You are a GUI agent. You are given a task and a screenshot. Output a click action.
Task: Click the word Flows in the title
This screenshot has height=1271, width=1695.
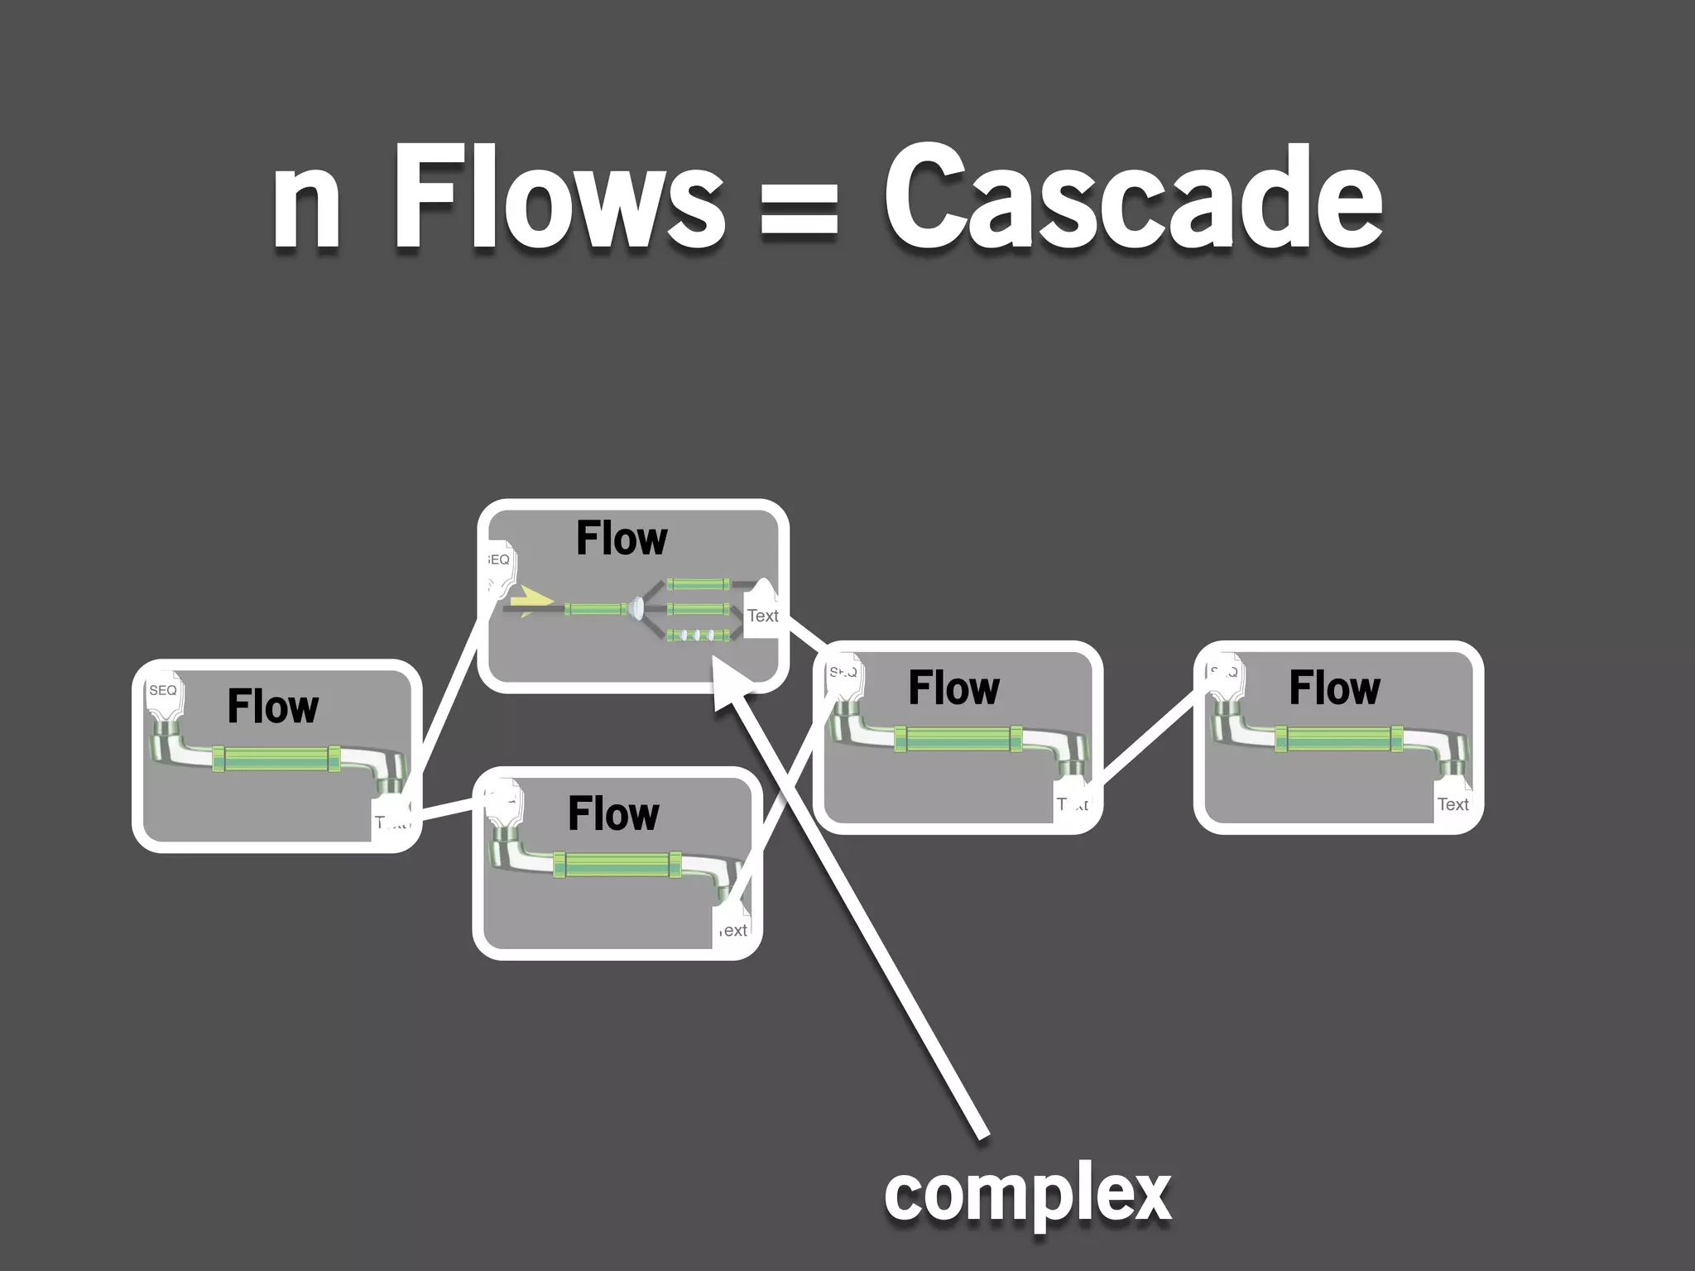click(559, 199)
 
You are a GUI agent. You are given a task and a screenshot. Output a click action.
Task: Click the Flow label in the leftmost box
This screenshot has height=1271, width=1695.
click(273, 706)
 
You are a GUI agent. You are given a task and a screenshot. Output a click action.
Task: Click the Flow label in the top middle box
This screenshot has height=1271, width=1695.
click(622, 539)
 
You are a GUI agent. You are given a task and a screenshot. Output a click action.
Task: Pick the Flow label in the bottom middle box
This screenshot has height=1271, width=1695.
click(613, 813)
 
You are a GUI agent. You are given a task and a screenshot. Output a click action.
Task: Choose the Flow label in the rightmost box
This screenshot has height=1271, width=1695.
click(1334, 688)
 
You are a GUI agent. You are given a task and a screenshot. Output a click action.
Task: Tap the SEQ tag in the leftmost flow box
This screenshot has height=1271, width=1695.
click(163, 691)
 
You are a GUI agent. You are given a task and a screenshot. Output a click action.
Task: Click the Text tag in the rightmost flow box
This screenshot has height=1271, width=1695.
click(1453, 804)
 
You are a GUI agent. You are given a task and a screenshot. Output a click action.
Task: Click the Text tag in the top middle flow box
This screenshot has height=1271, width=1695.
click(762, 616)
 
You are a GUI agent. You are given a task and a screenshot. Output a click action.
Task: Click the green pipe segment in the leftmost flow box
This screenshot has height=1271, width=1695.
click(276, 759)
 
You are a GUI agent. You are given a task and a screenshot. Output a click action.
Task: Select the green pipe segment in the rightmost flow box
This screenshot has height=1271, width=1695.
click(1338, 739)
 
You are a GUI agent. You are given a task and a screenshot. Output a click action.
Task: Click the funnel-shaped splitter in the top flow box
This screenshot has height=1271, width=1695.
click(636, 608)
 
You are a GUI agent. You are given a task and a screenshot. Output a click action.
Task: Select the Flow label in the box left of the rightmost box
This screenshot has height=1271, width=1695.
click(953, 688)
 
